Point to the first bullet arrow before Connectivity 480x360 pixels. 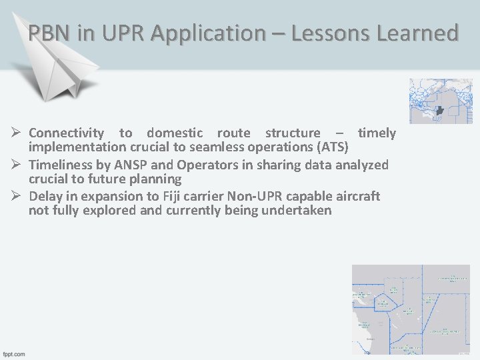(x=19, y=133)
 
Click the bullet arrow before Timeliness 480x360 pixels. (x=19, y=165)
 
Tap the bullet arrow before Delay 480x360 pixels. (x=19, y=196)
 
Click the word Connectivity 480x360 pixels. (x=66, y=133)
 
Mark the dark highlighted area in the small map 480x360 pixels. (x=439, y=109)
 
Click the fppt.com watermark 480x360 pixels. (x=14, y=353)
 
